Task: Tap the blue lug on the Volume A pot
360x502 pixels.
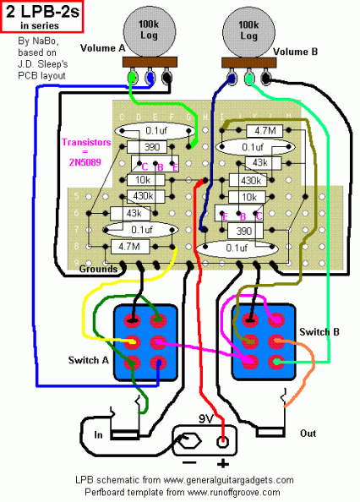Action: (x=150, y=78)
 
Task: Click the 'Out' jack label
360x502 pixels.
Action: (x=309, y=434)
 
